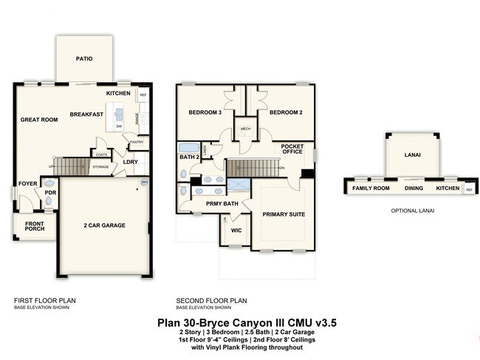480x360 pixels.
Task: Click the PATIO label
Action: pyautogui.click(x=84, y=58)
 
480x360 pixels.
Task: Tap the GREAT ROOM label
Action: pyautogui.click(x=39, y=119)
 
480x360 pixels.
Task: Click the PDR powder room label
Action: pyautogui.click(x=50, y=194)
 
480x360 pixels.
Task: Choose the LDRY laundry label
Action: pyautogui.click(x=131, y=162)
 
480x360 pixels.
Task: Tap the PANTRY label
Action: pyautogui.click(x=136, y=142)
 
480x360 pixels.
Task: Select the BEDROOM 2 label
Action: pyautogui.click(x=286, y=112)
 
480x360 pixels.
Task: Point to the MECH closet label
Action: pyautogui.click(x=245, y=128)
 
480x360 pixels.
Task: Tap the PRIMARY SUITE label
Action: pyautogui.click(x=284, y=214)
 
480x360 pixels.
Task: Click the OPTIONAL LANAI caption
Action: pyautogui.click(x=411, y=211)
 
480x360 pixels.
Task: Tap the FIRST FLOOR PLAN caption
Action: pyautogui.click(x=44, y=300)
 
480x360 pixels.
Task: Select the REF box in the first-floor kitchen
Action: pyautogui.click(x=143, y=95)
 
